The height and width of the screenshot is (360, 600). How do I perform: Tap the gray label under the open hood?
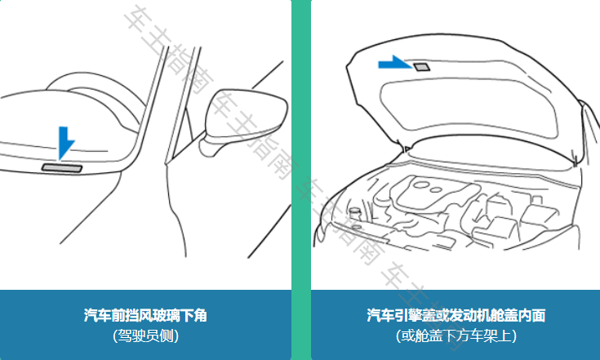click(x=422, y=66)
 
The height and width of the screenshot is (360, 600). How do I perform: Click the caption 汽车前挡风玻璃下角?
click(x=145, y=315)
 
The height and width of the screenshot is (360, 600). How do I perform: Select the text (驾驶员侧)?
click(x=145, y=335)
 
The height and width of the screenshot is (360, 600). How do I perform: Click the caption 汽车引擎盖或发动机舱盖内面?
click(x=456, y=315)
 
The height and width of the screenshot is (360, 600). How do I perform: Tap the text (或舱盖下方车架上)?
click(x=456, y=335)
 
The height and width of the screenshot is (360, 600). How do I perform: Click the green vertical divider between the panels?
click(x=301, y=180)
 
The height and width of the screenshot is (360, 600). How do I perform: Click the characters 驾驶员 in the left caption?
click(x=139, y=335)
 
